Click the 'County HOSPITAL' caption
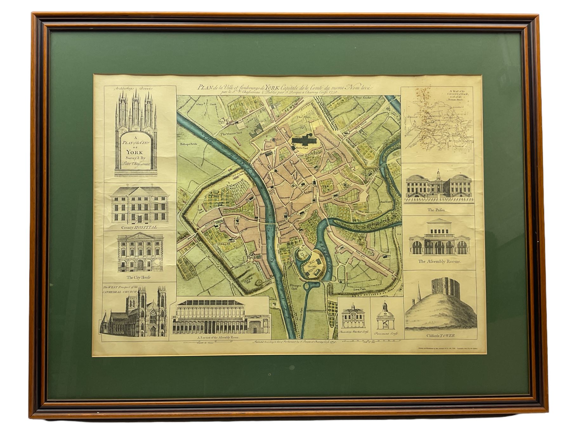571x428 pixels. (x=139, y=227)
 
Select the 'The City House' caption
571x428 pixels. (x=139, y=277)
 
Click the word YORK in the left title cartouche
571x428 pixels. (x=135, y=152)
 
